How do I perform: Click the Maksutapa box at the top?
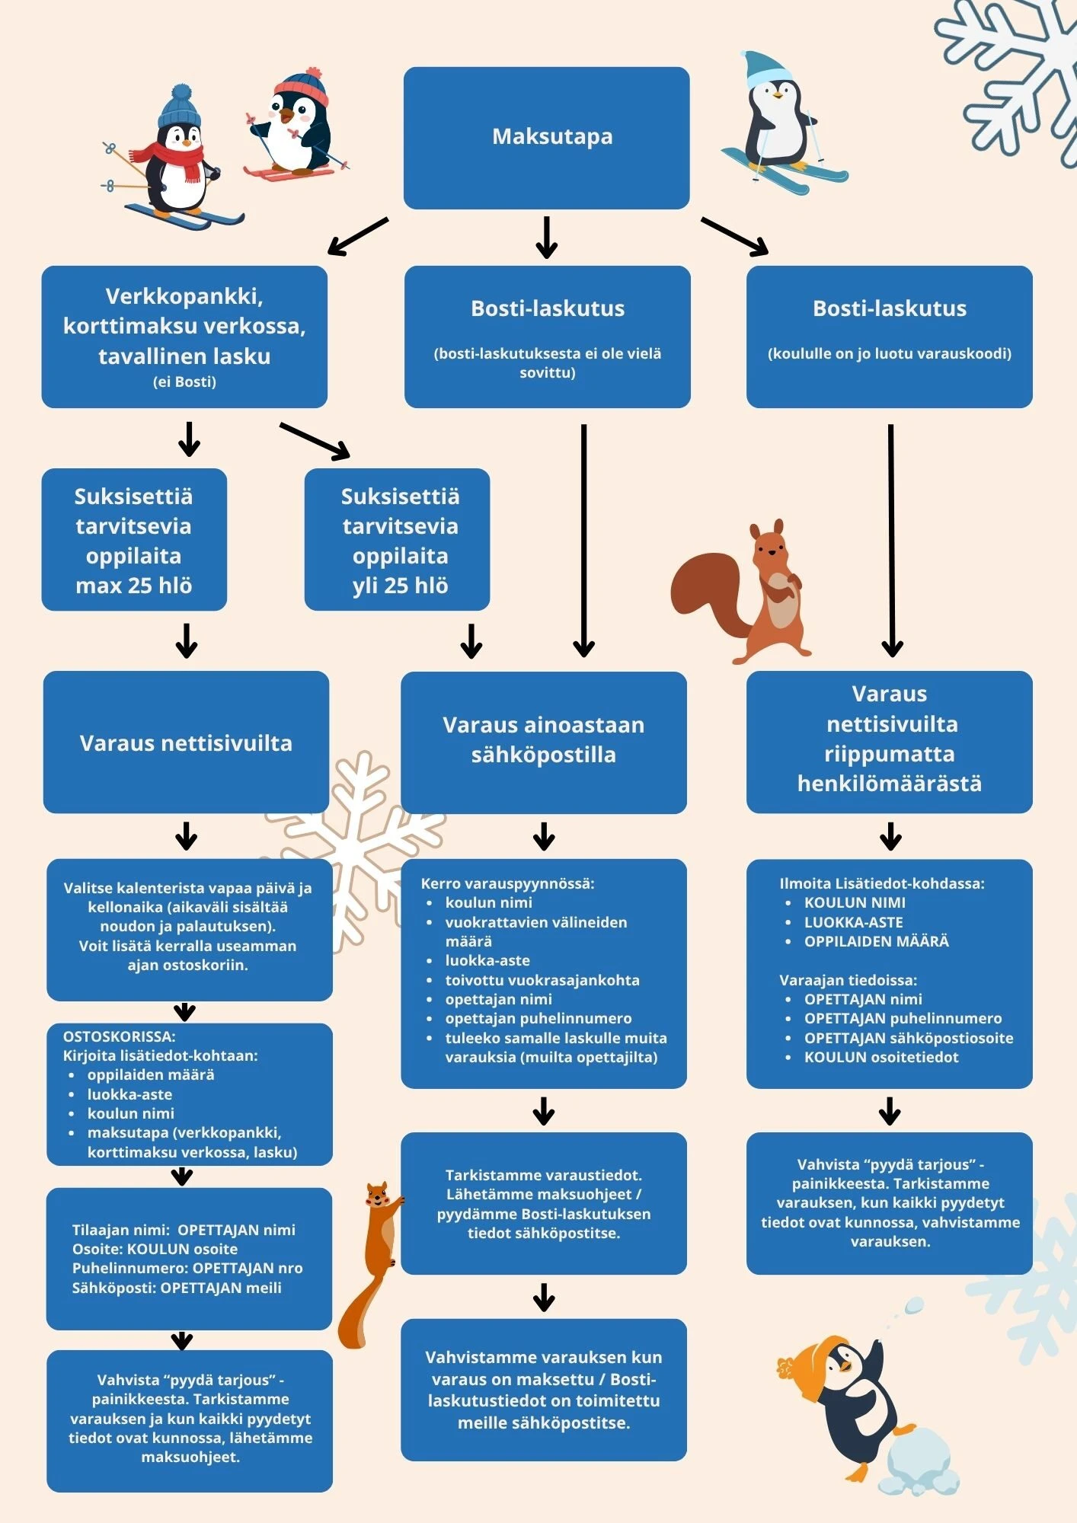(546, 137)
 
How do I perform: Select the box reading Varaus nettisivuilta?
(186, 742)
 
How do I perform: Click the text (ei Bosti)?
(184, 382)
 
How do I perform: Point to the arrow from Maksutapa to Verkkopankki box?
(357, 237)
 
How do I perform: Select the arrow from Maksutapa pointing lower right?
(735, 236)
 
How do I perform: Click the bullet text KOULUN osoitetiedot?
(881, 1057)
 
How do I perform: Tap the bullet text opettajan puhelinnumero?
(538, 1018)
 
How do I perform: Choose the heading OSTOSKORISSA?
(119, 1036)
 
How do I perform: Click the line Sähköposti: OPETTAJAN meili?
(177, 1288)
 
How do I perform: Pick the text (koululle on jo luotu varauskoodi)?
(889, 353)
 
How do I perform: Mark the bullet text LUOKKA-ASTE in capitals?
(853, 922)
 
